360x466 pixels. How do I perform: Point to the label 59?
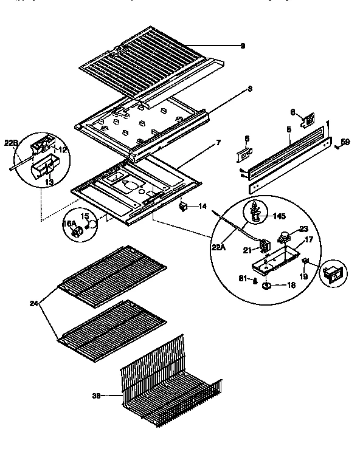tap(345, 143)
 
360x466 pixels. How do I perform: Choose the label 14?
tap(203, 207)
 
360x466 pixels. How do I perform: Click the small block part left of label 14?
tap(183, 207)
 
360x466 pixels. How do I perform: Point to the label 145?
tap(280, 216)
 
